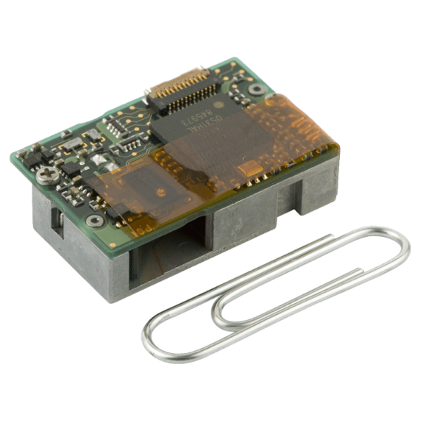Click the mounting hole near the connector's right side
click(x=257, y=89)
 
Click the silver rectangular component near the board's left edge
click(x=71, y=144)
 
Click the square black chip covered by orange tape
click(x=151, y=188)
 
